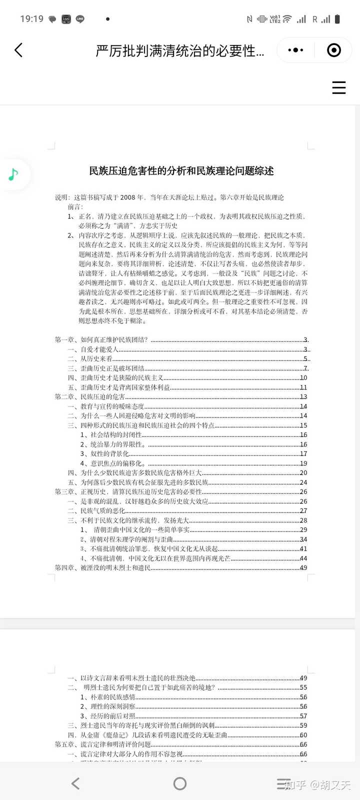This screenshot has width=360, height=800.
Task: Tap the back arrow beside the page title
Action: tap(18, 50)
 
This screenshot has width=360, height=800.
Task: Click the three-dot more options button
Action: tap(296, 50)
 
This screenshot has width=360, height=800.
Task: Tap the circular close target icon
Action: tap(333, 50)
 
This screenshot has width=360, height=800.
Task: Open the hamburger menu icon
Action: tap(339, 87)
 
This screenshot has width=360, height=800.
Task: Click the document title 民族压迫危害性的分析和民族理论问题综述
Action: tap(181, 171)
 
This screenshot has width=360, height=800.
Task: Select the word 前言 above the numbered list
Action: tap(75, 206)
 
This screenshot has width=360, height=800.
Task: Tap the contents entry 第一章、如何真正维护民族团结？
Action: tap(101, 340)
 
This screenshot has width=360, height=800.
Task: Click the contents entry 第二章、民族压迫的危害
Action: tap(90, 397)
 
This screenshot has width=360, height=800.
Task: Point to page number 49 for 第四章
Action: tap(303, 568)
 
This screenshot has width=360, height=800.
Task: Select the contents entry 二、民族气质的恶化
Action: tap(96, 511)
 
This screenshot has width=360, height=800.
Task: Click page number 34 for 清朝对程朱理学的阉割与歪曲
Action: tap(303, 539)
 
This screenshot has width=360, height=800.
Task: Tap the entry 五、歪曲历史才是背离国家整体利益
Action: tap(119, 387)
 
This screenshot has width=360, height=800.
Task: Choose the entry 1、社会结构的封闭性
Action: tap(111, 435)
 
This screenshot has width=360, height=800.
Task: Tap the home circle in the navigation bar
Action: tap(180, 783)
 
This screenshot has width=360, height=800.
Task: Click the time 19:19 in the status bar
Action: tap(31, 19)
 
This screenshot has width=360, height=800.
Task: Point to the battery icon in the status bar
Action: tap(337, 19)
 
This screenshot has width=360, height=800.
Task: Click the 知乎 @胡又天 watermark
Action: tap(318, 785)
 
